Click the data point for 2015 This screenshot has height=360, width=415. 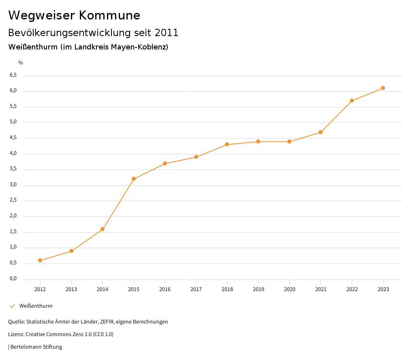(x=134, y=179)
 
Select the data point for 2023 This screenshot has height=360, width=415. (x=383, y=88)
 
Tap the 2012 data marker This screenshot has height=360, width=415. (x=40, y=260)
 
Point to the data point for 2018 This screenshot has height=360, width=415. (x=227, y=144)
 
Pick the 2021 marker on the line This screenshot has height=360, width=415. (x=321, y=132)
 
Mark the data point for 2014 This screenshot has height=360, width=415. (x=103, y=229)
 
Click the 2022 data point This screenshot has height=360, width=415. (x=352, y=101)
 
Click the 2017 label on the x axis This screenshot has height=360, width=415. (x=196, y=289)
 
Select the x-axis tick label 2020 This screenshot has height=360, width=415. (x=289, y=289)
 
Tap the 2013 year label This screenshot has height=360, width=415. (x=71, y=289)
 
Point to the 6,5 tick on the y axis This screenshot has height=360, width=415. (x=13, y=75)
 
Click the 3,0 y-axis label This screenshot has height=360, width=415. (x=13, y=184)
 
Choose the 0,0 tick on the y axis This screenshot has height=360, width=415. (x=13, y=279)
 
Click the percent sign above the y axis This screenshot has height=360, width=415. (x=21, y=62)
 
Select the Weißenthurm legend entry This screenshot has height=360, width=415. (x=36, y=306)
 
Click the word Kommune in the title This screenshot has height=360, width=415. (x=109, y=15)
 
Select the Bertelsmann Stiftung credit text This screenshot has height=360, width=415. (x=36, y=347)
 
